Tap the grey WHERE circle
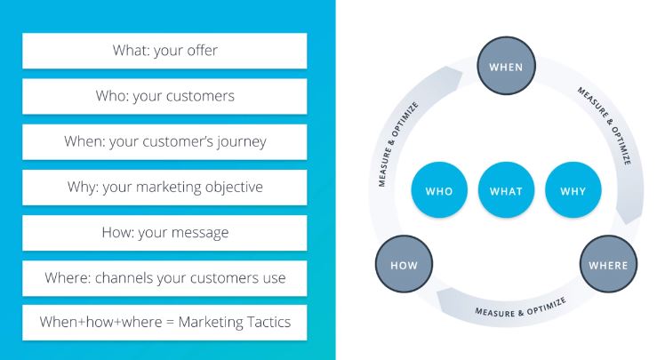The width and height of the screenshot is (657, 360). pyautogui.click(x=608, y=265)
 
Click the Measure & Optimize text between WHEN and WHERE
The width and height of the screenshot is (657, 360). pyautogui.click(x=604, y=125)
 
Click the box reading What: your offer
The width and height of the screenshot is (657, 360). pyautogui.click(x=164, y=51)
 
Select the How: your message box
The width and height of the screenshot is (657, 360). pyautogui.click(x=164, y=232)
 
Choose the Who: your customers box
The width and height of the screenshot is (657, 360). pyautogui.click(x=164, y=96)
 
